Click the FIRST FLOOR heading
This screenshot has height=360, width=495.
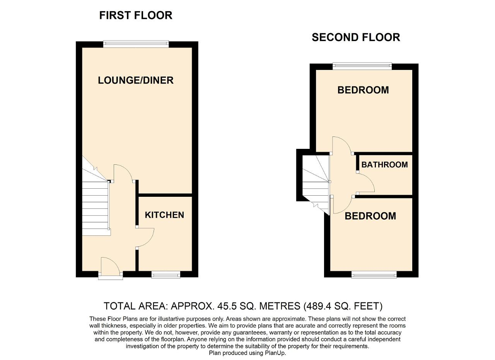(x=136, y=15)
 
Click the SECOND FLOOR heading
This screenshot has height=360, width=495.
(x=356, y=38)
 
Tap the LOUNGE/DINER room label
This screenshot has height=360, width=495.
(x=136, y=80)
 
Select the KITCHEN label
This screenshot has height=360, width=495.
(x=164, y=215)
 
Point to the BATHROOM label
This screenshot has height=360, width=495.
(x=384, y=165)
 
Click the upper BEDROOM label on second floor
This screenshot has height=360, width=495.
(x=363, y=90)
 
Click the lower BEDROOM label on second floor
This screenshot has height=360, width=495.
(x=370, y=216)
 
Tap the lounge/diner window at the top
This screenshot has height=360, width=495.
(x=136, y=44)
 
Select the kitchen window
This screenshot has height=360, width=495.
(x=166, y=275)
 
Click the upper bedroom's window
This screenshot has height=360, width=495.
(x=362, y=66)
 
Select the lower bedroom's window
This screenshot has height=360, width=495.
(x=374, y=275)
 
